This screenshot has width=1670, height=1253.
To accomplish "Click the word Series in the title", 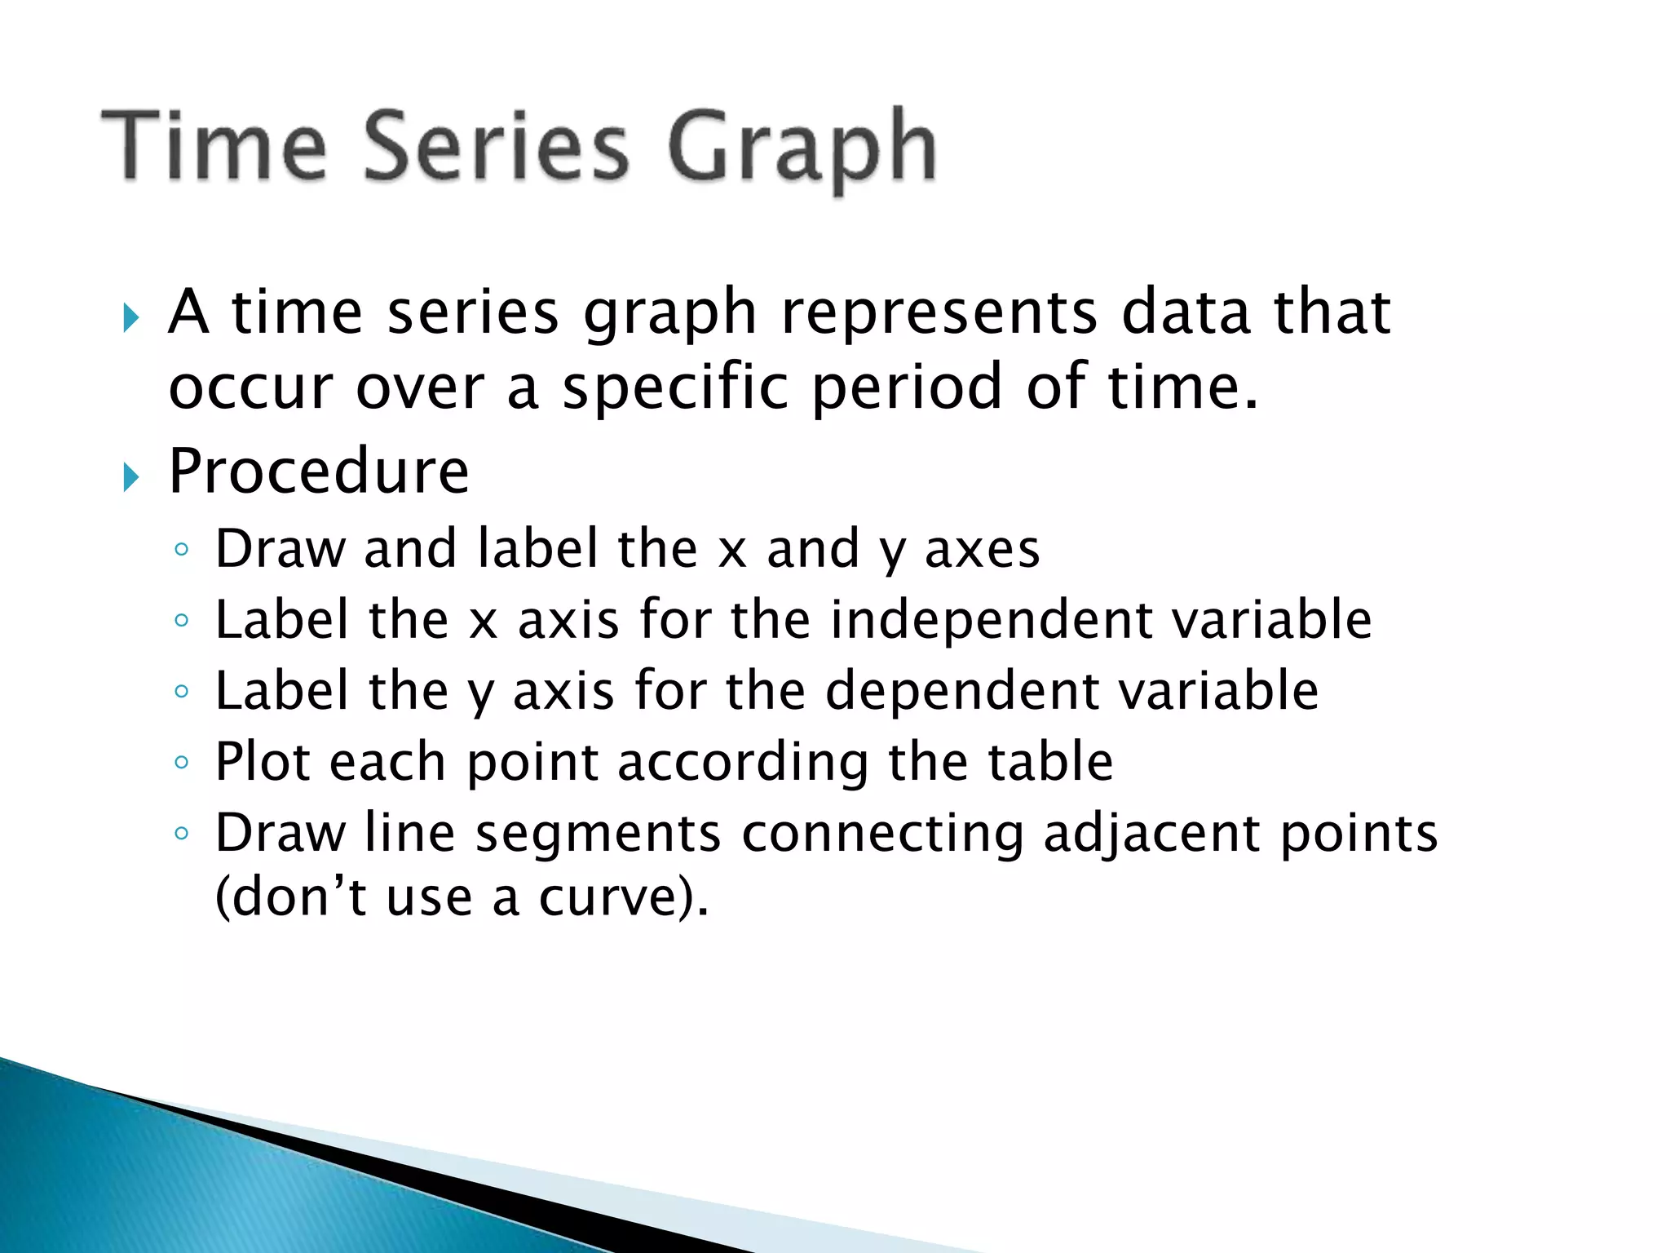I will click(496, 147).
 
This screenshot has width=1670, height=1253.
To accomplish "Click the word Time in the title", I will click(214, 147).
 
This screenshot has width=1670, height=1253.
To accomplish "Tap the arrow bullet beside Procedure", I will click(131, 476).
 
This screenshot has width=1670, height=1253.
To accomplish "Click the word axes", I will click(982, 549).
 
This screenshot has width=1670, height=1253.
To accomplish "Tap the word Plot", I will click(262, 762).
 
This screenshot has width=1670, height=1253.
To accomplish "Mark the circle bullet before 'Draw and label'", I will click(182, 550).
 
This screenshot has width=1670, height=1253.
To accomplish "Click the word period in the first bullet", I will click(907, 387).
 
